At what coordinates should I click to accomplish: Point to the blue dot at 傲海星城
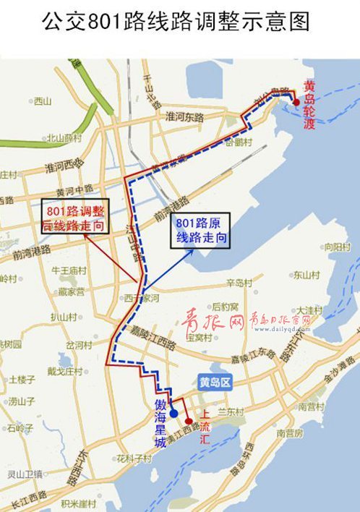174,414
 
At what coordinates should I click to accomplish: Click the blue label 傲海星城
160,422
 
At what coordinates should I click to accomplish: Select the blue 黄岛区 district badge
215,384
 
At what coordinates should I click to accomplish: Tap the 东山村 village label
306,275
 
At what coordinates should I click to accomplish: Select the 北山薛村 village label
64,137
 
